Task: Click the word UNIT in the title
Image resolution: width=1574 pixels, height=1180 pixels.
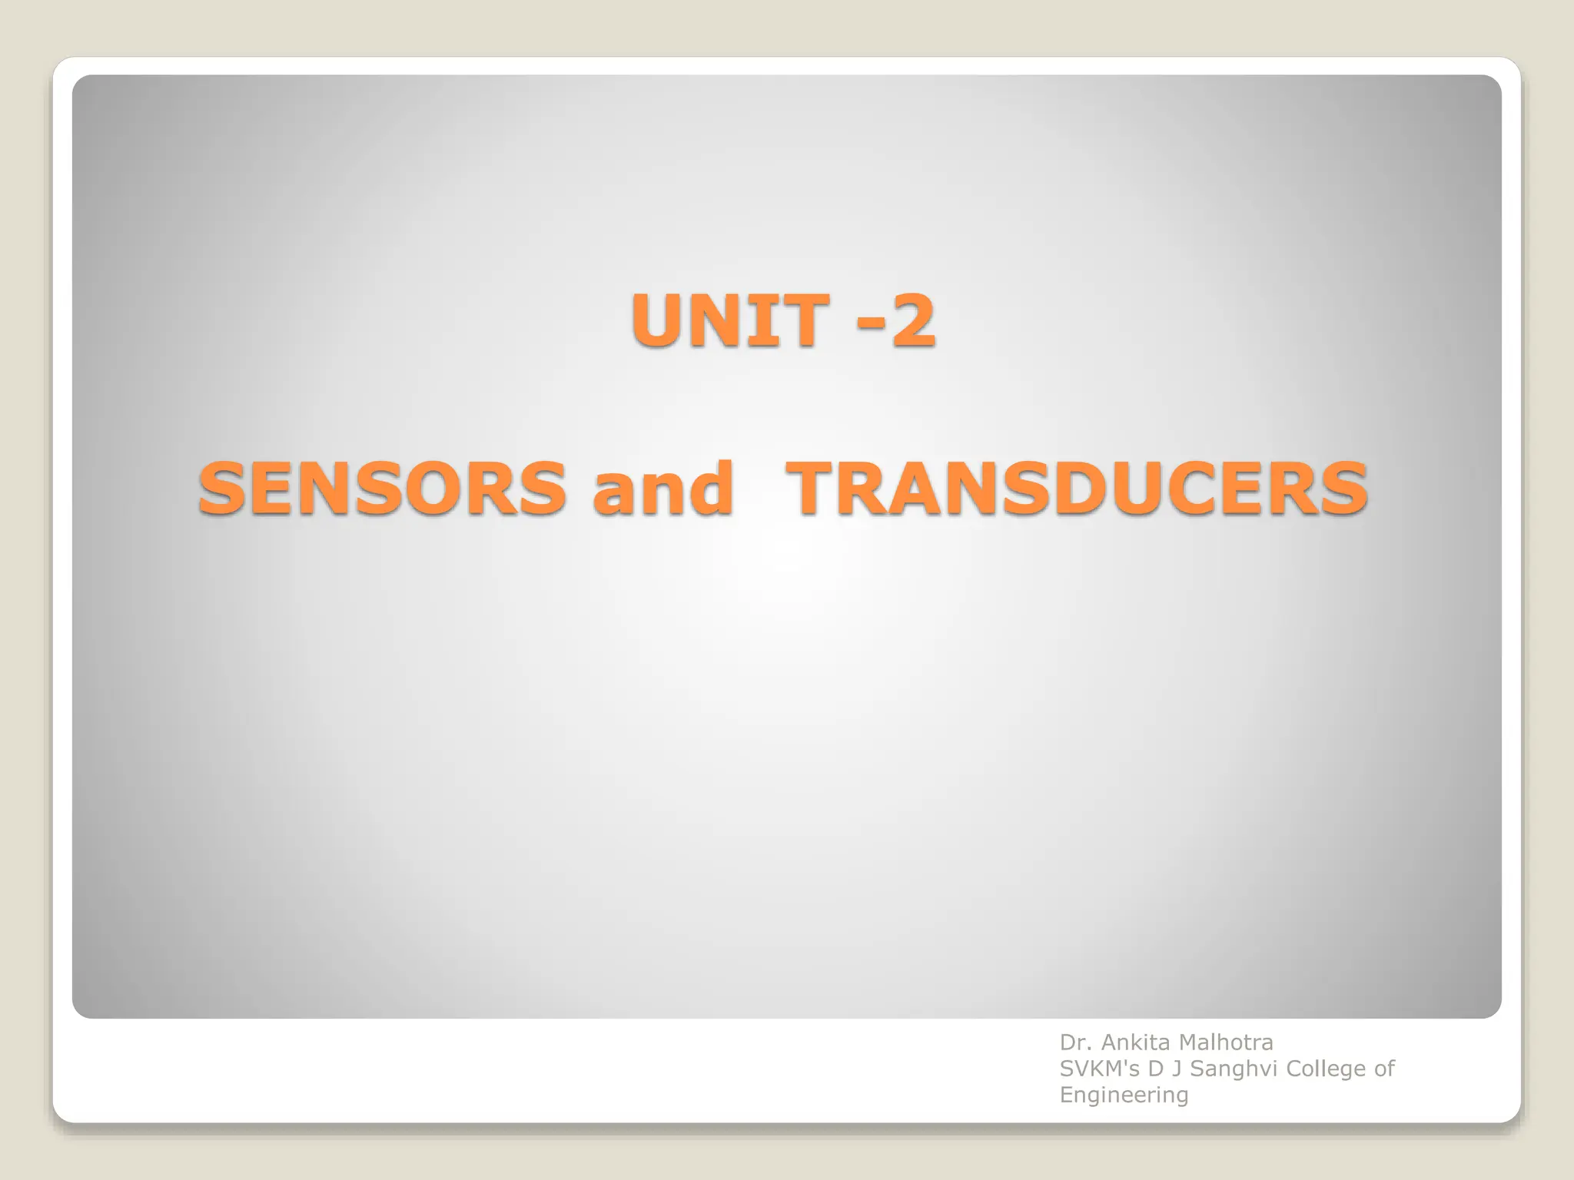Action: click(x=729, y=320)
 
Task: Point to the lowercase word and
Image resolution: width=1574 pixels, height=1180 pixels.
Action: click(x=662, y=488)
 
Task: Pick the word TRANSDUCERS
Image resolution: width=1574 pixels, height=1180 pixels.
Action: click(x=1080, y=488)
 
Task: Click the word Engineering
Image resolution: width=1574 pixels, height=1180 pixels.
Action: click(x=1124, y=1095)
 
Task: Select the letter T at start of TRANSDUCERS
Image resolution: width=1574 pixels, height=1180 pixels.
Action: click(x=816, y=488)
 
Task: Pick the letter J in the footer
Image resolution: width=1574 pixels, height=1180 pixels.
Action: click(x=1176, y=1069)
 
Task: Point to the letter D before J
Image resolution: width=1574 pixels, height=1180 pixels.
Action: click(x=1156, y=1069)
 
